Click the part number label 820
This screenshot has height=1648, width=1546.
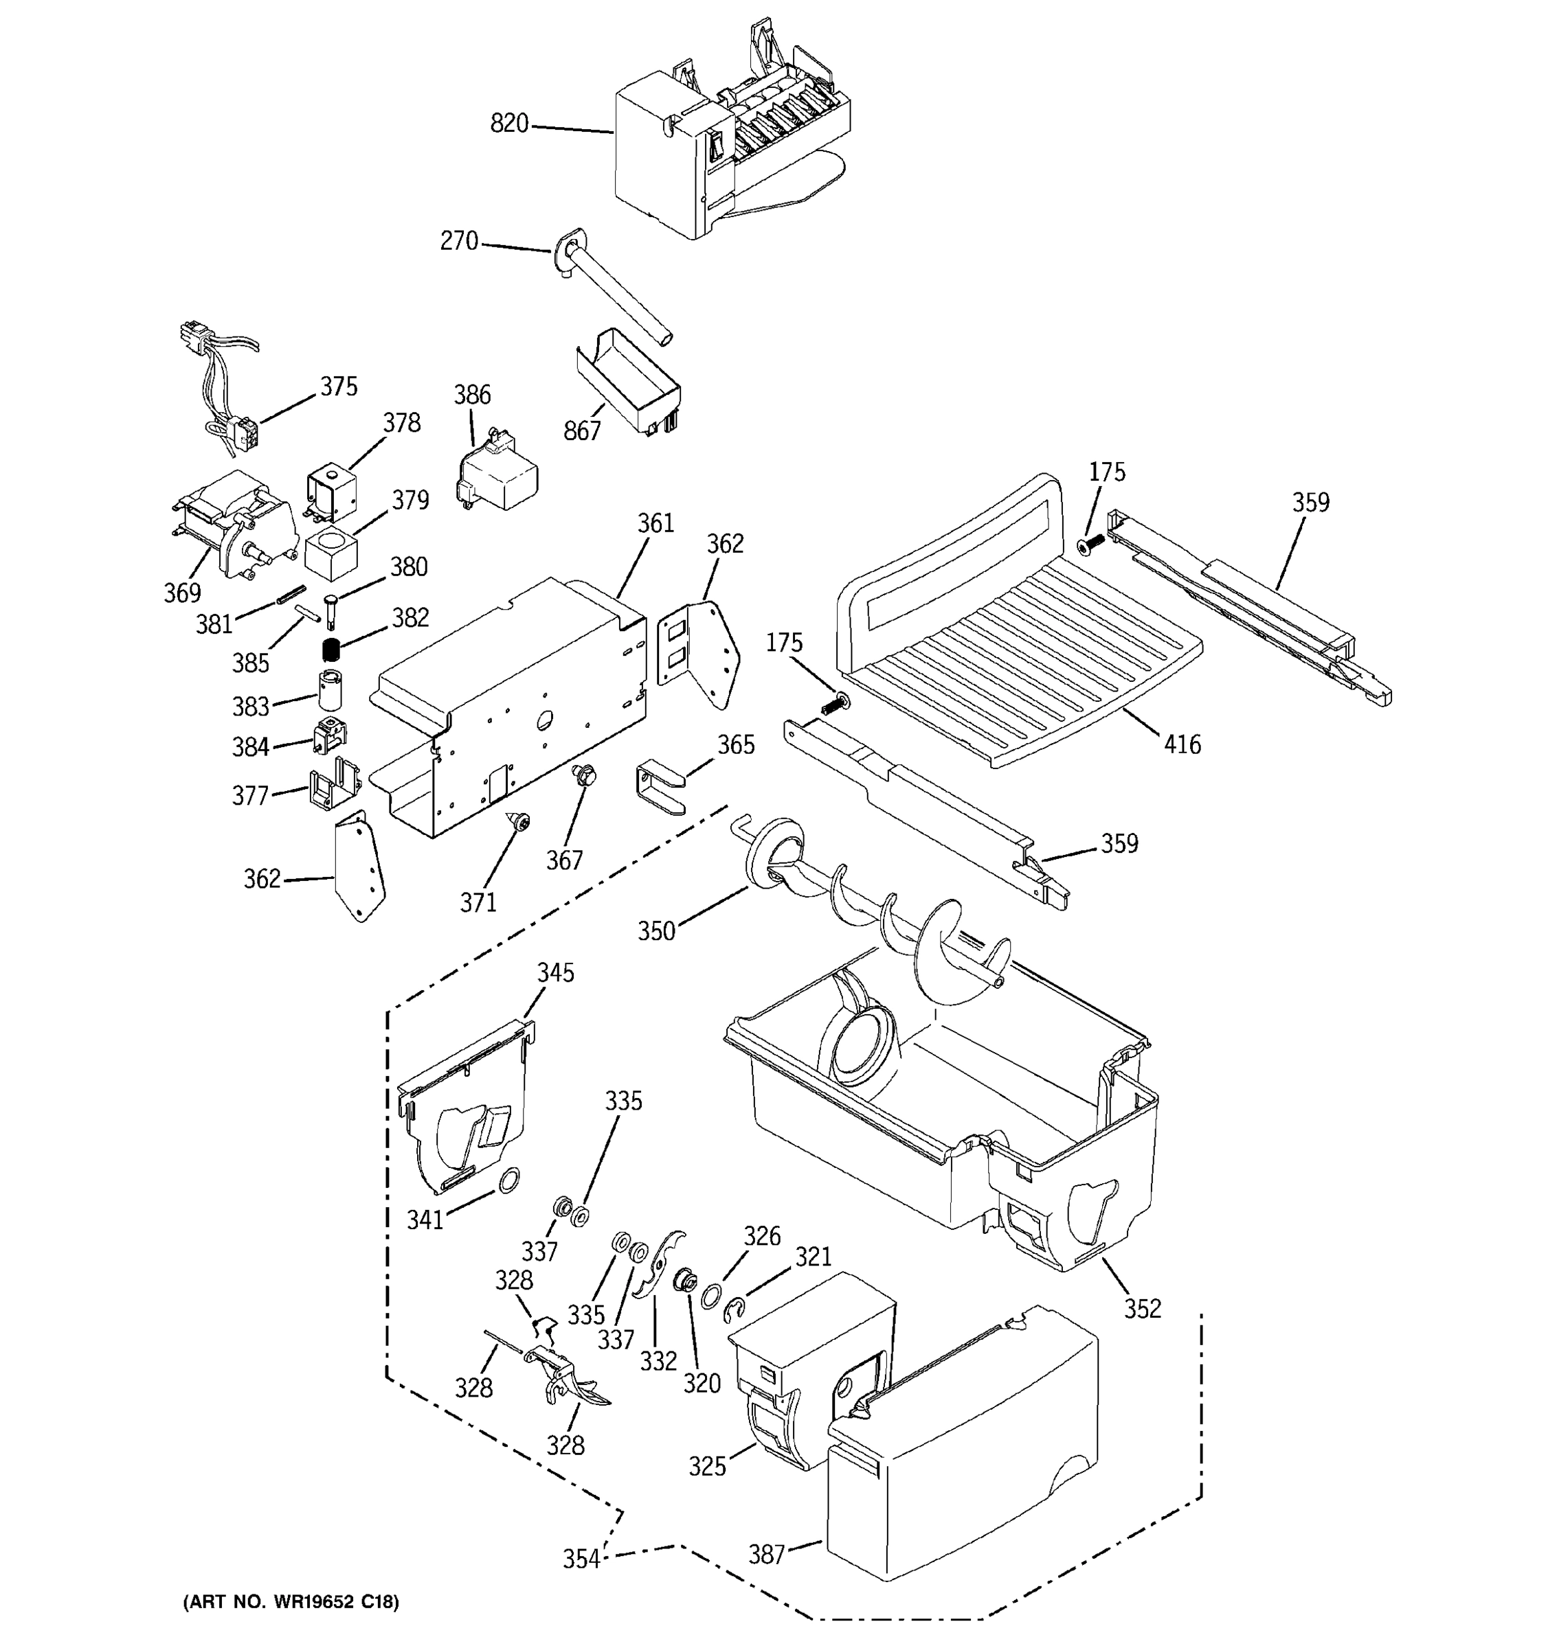point(508,124)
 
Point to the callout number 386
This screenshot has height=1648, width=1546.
point(472,395)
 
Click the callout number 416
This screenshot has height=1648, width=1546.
point(1182,744)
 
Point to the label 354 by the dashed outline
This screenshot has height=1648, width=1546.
point(581,1559)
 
